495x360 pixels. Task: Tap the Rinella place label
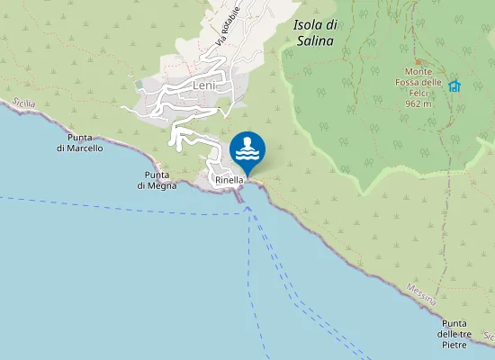(229, 181)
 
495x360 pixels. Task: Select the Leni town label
(204, 85)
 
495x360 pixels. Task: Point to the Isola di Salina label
(314, 33)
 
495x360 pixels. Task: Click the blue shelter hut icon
(454, 85)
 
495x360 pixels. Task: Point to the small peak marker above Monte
(417, 61)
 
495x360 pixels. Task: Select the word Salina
(314, 40)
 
